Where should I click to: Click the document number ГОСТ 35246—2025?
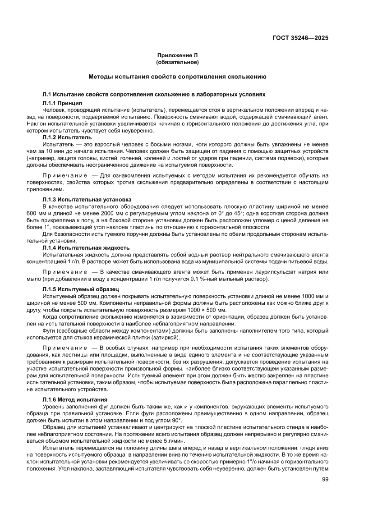pos(300,38)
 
